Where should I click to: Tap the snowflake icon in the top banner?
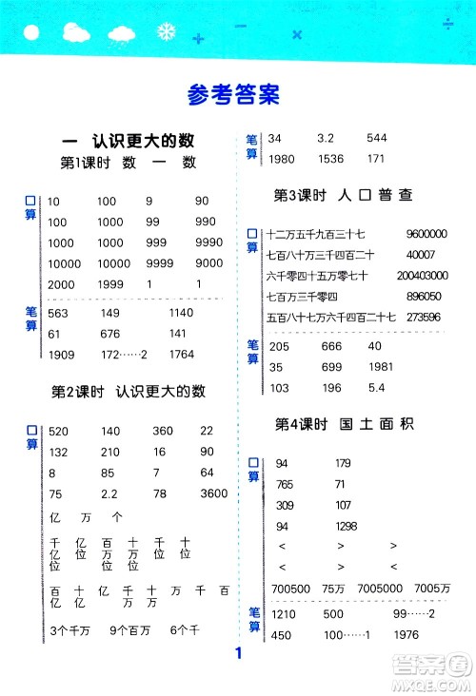tap(167, 32)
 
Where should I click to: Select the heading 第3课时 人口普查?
tap(343, 196)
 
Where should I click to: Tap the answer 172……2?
tap(120, 355)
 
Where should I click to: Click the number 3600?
tap(215, 493)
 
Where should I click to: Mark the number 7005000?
tap(376, 590)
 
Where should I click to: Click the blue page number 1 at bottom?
tap(238, 653)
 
